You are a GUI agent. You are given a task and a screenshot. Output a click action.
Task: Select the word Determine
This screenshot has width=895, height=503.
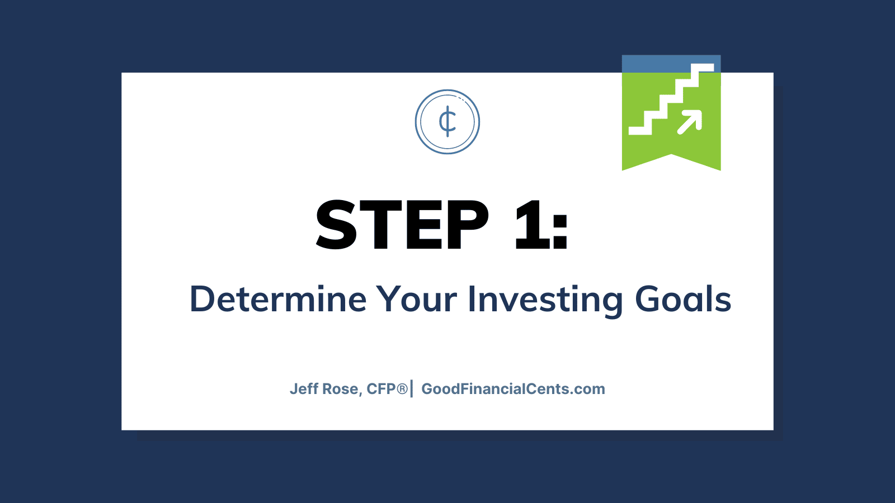(278, 299)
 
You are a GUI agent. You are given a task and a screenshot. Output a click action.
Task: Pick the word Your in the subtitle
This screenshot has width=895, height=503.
(417, 299)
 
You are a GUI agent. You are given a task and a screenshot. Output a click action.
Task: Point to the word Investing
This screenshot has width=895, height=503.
(545, 301)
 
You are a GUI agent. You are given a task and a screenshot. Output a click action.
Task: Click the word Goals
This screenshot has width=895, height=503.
(683, 299)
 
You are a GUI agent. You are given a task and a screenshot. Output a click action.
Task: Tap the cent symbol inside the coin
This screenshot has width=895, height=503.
(447, 121)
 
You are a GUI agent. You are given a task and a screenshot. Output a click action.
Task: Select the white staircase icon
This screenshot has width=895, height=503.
(671, 99)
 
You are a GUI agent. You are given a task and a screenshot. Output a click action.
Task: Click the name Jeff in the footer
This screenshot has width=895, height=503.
(304, 389)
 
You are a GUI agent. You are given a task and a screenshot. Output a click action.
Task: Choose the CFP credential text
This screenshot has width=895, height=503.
(381, 389)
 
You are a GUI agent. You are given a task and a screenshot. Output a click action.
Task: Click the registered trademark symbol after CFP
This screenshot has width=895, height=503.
(402, 389)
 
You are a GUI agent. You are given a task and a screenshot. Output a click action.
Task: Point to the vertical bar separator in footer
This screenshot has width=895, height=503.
(412, 389)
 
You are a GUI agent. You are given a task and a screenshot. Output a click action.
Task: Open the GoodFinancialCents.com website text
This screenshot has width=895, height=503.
(514, 389)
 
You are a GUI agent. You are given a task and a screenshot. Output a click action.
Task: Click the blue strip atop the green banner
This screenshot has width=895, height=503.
(671, 64)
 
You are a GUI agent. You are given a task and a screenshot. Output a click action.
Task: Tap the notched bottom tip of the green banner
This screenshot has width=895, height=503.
(671, 154)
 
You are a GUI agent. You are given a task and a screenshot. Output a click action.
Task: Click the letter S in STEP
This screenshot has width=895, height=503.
(336, 224)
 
